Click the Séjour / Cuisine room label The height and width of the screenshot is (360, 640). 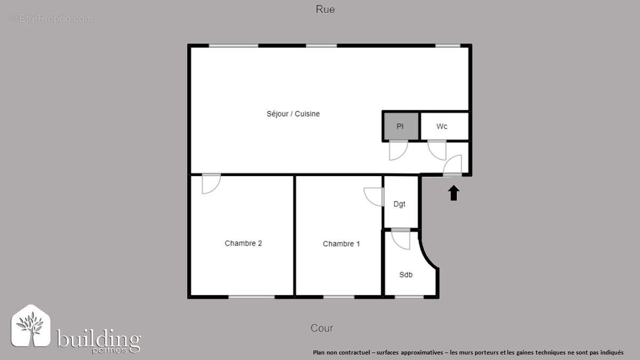pos(293,114)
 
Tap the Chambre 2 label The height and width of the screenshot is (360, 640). pos(243,243)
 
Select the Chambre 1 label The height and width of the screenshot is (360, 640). pos(341,244)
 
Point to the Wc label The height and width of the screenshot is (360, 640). pos(442,126)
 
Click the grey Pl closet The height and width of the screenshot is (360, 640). pos(401,126)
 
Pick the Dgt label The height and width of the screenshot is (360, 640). pos(399,204)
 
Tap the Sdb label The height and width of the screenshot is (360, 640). pos(406,275)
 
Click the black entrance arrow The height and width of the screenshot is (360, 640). pos(453,193)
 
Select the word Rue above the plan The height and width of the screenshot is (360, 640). pos(325,9)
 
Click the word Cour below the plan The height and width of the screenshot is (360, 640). pos(322,328)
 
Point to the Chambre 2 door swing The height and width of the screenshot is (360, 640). pos(211,183)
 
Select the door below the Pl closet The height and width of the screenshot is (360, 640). pos(398,150)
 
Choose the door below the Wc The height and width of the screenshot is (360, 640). pos(437,150)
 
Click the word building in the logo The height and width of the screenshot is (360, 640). pos(99,339)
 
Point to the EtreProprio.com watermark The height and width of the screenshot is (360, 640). pos(51,19)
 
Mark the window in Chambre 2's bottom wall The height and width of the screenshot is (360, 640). pos(251,297)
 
